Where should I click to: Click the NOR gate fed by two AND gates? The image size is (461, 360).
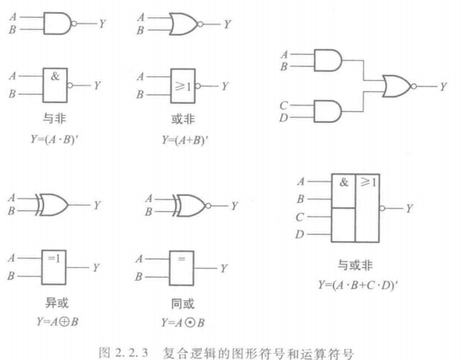[x=395, y=85]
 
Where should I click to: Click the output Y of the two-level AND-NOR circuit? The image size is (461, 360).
[x=443, y=85]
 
